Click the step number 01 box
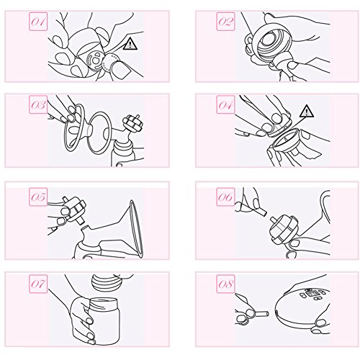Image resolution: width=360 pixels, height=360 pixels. tap(38, 22)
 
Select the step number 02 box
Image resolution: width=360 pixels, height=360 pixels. tap(225, 22)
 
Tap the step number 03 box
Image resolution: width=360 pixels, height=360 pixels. tap(38, 104)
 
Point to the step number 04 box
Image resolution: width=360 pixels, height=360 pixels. tap(225, 104)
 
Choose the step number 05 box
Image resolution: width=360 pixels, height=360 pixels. tap(38, 197)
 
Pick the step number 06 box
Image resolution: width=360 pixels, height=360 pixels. tap(225, 197)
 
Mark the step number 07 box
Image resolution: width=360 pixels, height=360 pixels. tap(38, 284)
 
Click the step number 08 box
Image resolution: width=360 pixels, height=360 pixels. tap(225, 284)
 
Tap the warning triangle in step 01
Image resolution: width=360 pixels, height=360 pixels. tap(130, 45)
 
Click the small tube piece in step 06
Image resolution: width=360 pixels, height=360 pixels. tap(259, 212)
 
